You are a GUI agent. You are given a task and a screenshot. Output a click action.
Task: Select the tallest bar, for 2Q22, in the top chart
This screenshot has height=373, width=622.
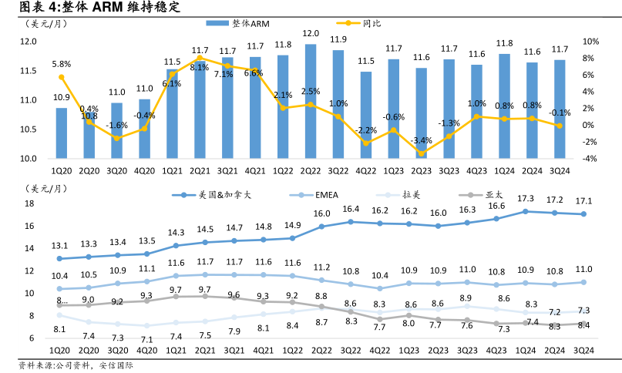[x=311, y=101]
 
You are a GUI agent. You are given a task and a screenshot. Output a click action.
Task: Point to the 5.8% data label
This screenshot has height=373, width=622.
[x=62, y=64]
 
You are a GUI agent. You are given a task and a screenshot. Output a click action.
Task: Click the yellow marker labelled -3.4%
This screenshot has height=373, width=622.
[x=422, y=153]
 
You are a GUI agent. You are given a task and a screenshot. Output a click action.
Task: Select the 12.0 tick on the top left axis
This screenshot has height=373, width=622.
[x=29, y=42]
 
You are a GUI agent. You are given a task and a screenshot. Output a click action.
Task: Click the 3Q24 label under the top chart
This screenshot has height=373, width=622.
[x=560, y=170]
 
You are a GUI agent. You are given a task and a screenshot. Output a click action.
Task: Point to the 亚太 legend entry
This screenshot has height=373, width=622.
[x=499, y=196]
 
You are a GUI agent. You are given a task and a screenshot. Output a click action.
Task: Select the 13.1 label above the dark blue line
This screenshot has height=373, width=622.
[x=61, y=246]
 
